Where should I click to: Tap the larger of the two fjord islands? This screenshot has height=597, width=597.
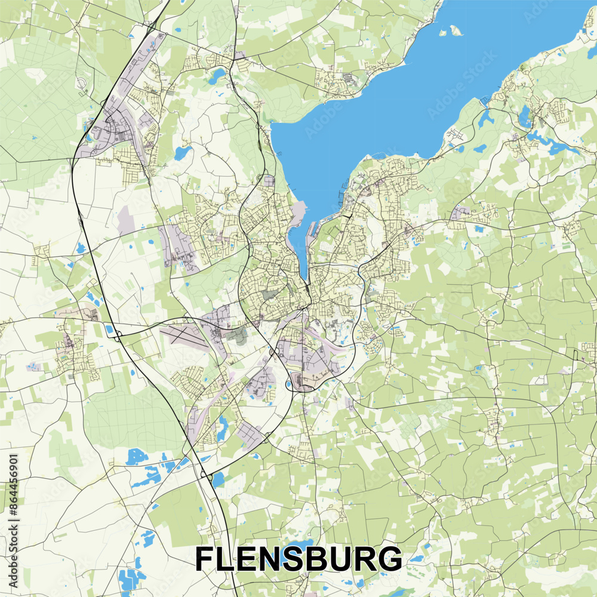tap(455, 29)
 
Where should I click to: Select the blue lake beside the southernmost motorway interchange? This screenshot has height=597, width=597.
tap(218, 478)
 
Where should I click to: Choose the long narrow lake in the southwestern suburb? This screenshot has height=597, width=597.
tap(222, 427)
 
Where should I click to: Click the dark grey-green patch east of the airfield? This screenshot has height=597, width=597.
tap(239, 335)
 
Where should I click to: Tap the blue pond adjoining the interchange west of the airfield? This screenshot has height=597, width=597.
tap(109, 329)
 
